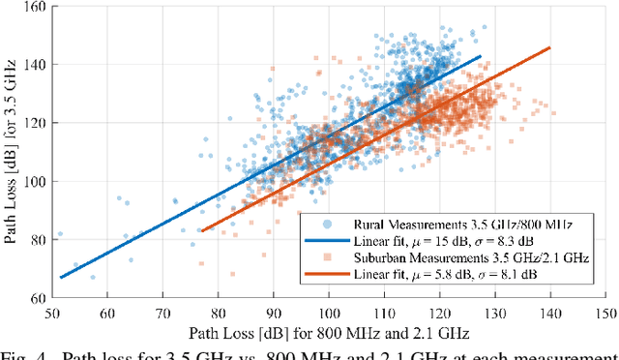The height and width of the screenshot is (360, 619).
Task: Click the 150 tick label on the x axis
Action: click(605, 313)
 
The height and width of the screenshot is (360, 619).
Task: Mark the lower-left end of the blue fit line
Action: click(61, 278)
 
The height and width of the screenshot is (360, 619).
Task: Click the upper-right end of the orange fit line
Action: click(550, 47)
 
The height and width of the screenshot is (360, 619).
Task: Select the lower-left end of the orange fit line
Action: click(202, 230)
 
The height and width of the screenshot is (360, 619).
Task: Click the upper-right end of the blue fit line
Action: click(481, 56)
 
